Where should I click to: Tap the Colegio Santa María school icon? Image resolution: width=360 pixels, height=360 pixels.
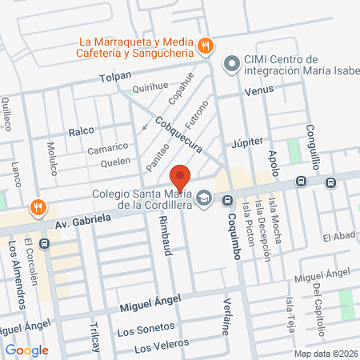click(x=205, y=197)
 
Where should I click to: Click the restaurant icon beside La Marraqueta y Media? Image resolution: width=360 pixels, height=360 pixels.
click(x=205, y=46)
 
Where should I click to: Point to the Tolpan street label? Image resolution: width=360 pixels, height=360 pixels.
click(x=114, y=77)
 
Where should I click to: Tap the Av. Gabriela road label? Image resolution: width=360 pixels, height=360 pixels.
click(x=83, y=218)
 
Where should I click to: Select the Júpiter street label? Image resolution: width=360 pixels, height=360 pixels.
click(x=246, y=142)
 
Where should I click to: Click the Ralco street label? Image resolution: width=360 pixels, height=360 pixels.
click(x=81, y=130)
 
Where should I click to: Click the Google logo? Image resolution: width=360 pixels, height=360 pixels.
click(x=26, y=350)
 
